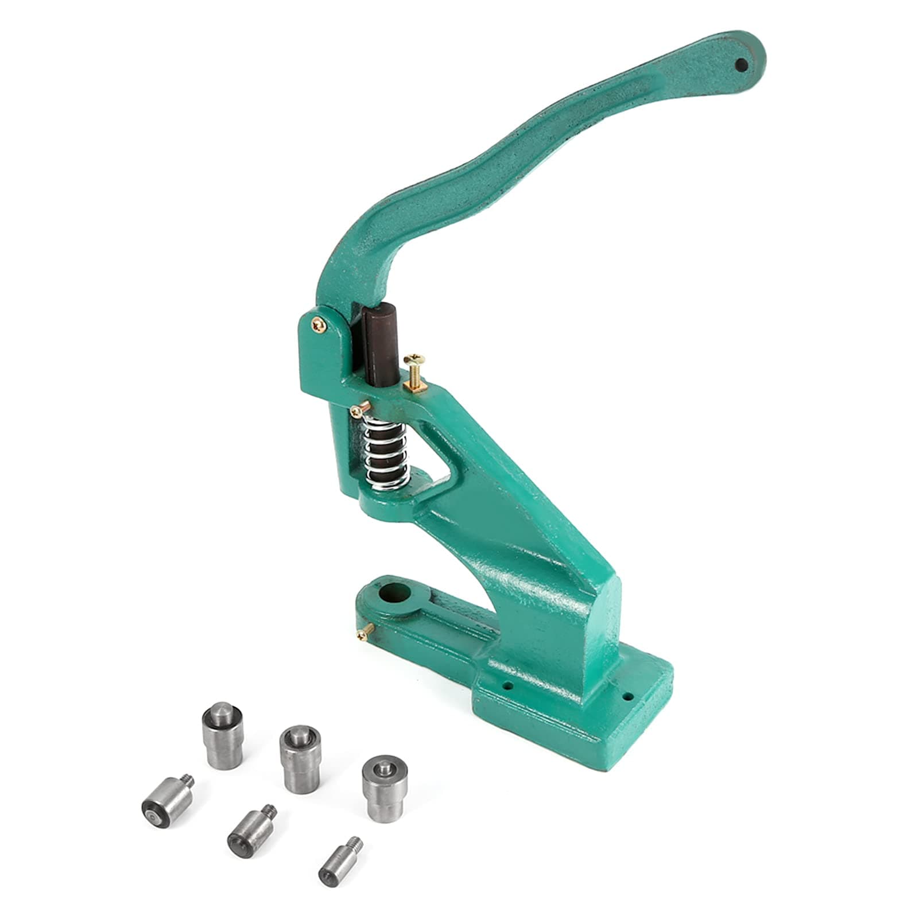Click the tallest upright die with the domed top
pyautogui.click(x=223, y=734)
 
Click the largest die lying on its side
pyautogui.click(x=163, y=801)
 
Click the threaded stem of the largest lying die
pyautogui.click(x=188, y=782)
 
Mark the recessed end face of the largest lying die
pyautogui.click(x=151, y=811)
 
